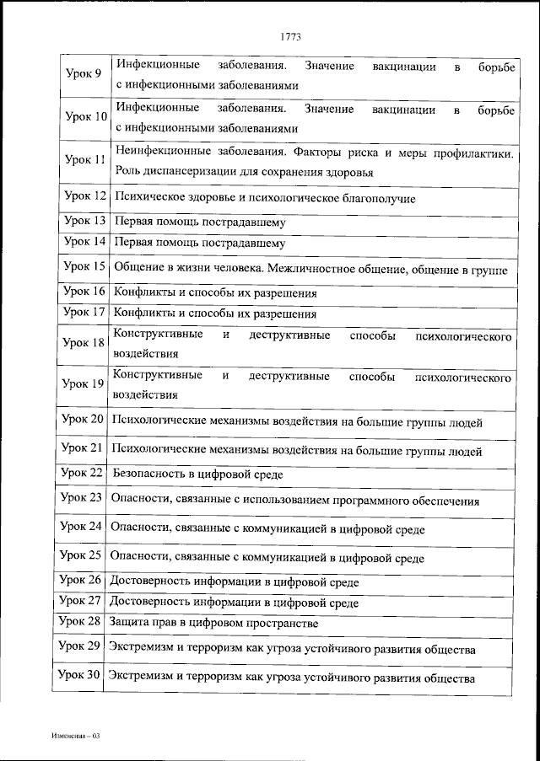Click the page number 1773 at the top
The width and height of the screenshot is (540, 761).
click(289, 36)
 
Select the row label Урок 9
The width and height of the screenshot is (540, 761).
click(84, 74)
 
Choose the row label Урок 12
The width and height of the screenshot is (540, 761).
click(84, 197)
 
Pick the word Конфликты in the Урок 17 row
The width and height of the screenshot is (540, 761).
click(140, 314)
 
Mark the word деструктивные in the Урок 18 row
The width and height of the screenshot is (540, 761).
click(286, 336)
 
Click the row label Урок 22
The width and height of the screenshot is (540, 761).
click(83, 473)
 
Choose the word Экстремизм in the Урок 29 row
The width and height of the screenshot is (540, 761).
click(140, 650)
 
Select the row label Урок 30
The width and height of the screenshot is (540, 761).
click(81, 676)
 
